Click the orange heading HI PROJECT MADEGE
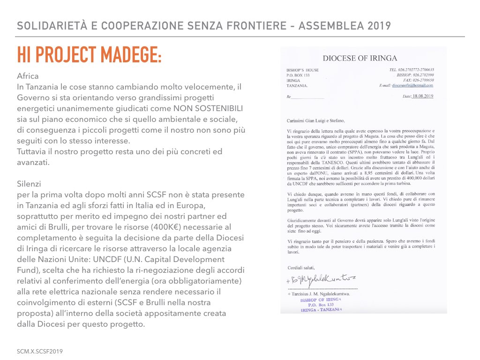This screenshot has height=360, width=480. (x=89, y=55)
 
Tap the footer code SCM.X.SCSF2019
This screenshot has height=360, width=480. (x=40, y=351)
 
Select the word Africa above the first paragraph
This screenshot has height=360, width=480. (x=28, y=76)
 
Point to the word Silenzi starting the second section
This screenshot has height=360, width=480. (x=29, y=184)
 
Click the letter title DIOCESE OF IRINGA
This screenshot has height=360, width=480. (x=360, y=58)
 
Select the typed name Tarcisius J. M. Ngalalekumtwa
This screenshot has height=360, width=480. (x=322, y=293)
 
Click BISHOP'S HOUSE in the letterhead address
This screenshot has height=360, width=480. (x=302, y=70)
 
